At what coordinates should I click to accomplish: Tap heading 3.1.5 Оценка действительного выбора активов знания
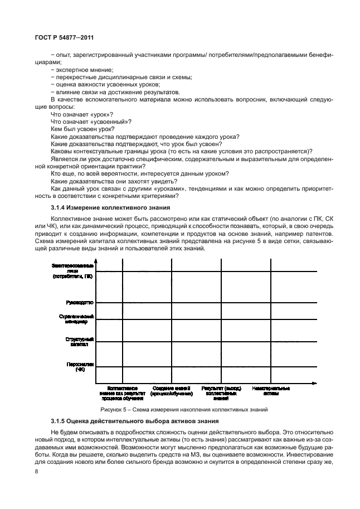[x=134, y=420]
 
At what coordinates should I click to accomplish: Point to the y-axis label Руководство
[x=80, y=302]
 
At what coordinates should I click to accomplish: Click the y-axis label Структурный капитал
[x=80, y=342]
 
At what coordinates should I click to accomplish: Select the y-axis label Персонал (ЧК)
[x=81, y=366]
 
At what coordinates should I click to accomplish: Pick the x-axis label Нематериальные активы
[x=271, y=390]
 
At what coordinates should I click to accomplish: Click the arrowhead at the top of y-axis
[x=96, y=261]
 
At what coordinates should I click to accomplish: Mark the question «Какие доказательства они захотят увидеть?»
[x=114, y=181]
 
